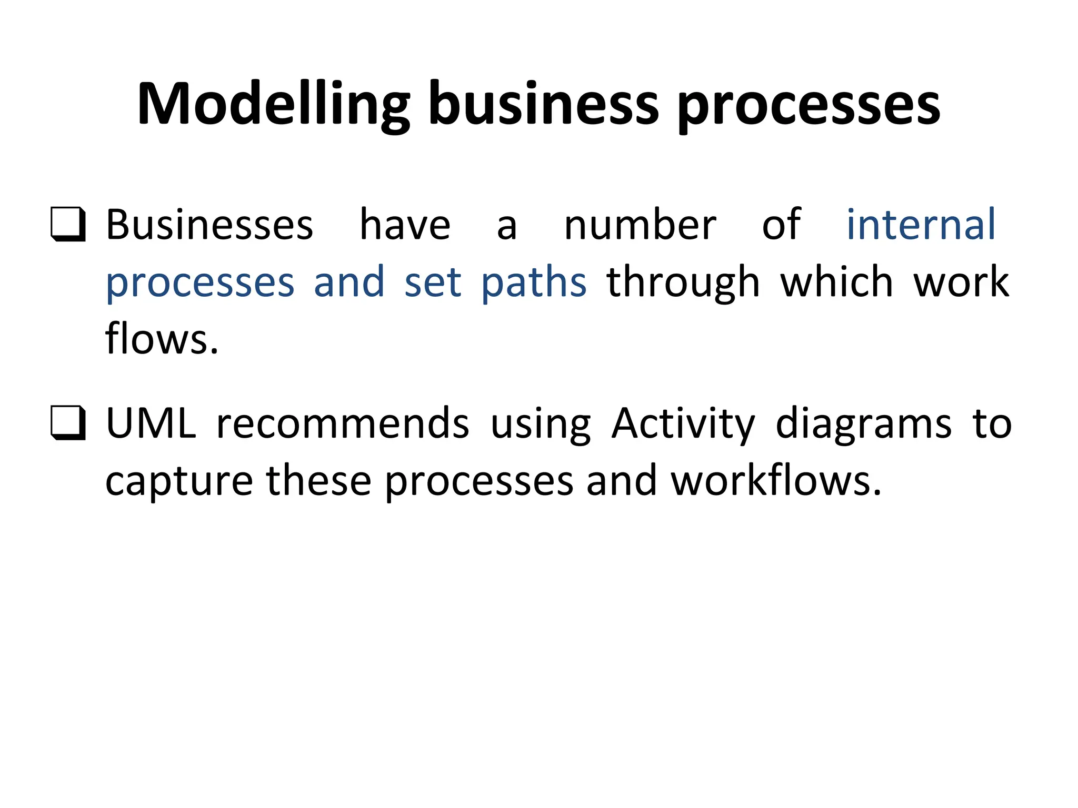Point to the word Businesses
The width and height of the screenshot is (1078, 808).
click(x=209, y=225)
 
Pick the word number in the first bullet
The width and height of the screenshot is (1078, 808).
click(x=640, y=225)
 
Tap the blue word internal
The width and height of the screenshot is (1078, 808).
click(x=921, y=225)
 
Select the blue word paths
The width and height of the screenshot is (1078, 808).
click(x=534, y=283)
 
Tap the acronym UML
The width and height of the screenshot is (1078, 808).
click(x=151, y=423)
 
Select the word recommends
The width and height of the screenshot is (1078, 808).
click(x=343, y=424)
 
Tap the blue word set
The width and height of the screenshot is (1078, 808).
click(x=432, y=283)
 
